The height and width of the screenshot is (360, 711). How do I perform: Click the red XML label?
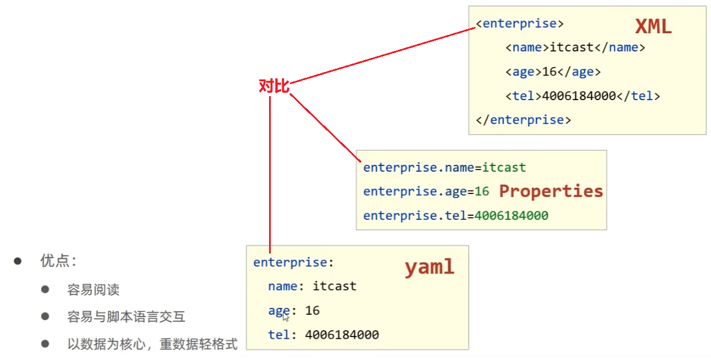[653, 27]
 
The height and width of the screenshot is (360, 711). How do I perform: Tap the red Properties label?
[551, 191]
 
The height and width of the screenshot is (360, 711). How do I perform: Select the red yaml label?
[429, 267]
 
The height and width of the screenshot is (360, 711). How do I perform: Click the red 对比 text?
[274, 86]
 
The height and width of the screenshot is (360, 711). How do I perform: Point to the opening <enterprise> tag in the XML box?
[520, 24]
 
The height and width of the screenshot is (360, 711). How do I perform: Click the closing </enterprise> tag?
[523, 120]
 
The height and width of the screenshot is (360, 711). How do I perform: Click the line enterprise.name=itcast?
[444, 168]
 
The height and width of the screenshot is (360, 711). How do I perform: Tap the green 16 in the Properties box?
[482, 192]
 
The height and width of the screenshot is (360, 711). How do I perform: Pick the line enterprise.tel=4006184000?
[456, 216]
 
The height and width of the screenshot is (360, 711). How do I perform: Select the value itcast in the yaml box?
[334, 286]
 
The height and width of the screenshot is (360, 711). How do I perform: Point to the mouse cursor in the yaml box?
[286, 317]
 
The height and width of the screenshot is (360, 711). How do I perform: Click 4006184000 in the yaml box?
[342, 335]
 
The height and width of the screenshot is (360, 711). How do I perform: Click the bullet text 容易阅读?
[93, 290]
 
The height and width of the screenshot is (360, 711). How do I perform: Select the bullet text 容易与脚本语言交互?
[126, 317]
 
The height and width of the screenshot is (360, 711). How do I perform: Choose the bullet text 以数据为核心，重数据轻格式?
[152, 345]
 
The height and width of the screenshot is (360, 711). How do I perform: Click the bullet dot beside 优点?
[18, 261]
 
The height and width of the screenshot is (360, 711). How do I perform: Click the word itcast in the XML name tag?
[571, 48]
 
